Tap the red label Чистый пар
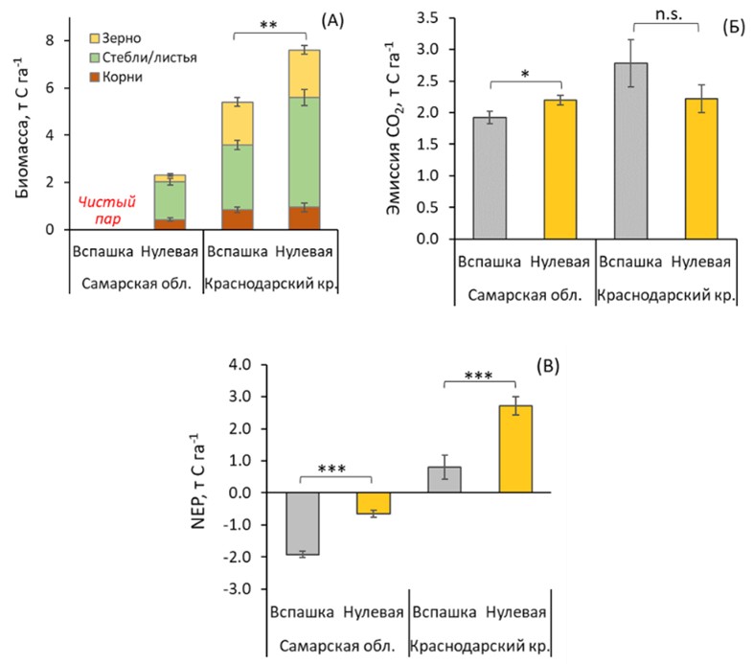103,208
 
